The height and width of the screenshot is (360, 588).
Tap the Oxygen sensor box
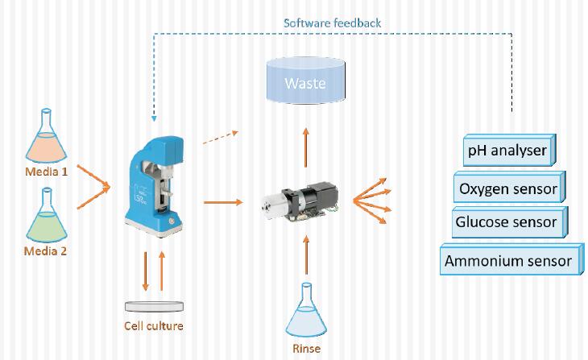tap(507, 189)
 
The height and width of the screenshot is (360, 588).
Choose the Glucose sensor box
tap(506, 222)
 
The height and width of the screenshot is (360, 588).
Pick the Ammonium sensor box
tap(508, 261)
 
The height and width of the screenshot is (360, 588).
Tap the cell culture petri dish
tap(153, 306)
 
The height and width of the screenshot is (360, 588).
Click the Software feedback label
tap(332, 23)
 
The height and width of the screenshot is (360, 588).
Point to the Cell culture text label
tap(153, 326)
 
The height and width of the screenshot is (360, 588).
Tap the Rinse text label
tap(306, 349)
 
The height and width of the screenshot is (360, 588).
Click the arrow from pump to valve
tap(224, 201)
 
